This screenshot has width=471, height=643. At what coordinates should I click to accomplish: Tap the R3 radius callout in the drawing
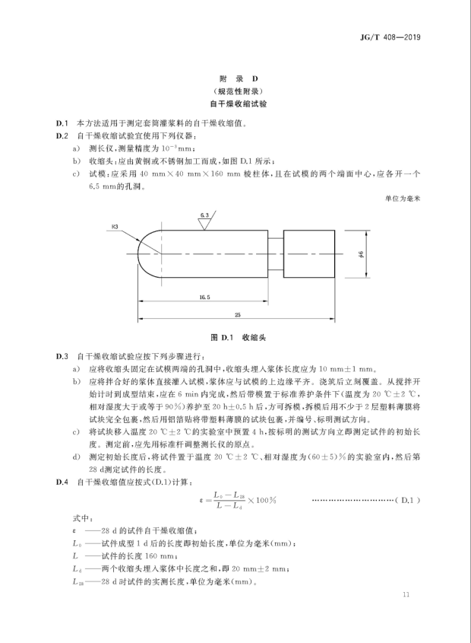pos(115,226)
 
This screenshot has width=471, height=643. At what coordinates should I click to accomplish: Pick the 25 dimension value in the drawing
pos(238,314)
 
